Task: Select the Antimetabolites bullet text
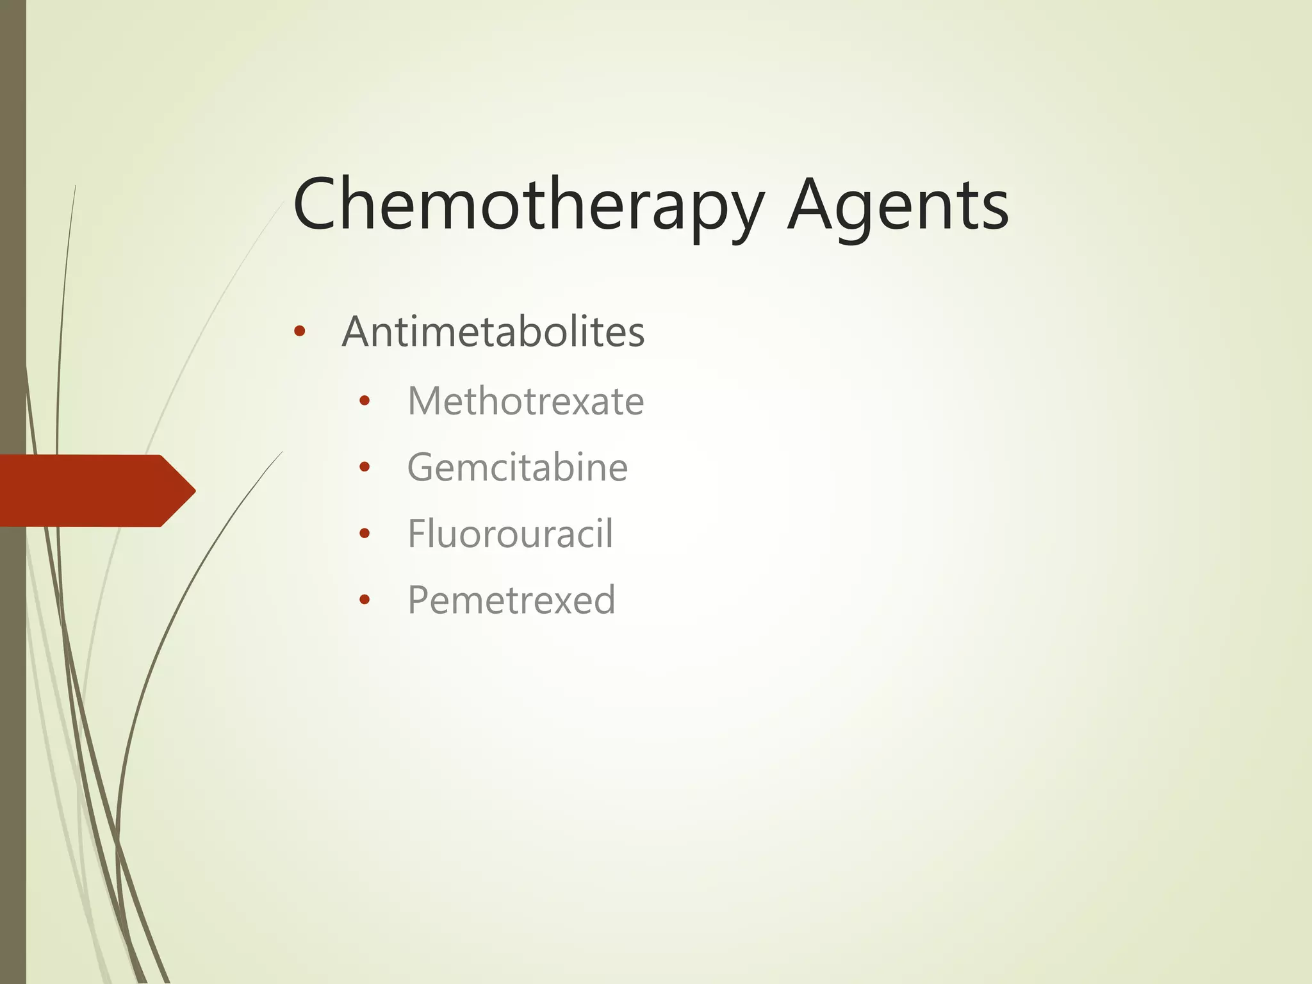point(493,332)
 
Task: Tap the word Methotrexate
point(525,402)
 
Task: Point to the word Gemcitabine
point(518,468)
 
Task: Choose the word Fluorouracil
point(510,534)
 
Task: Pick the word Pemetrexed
point(511,600)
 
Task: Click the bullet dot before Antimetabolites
point(299,332)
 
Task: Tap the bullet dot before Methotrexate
point(365,402)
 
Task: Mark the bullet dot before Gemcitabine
point(365,468)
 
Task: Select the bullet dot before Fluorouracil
point(365,534)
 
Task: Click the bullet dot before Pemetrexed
point(365,600)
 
